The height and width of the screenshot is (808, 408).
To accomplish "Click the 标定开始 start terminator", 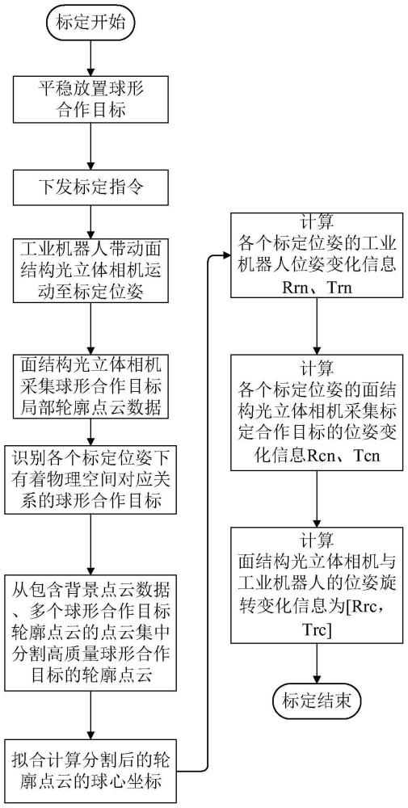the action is (91, 22).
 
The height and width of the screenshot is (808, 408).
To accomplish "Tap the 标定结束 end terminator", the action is (317, 701).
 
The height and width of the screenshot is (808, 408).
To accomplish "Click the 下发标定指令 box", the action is (91, 186).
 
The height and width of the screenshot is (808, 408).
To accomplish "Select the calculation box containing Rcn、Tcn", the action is (317, 411).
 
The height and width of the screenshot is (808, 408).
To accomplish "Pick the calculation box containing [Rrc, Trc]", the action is (317, 584).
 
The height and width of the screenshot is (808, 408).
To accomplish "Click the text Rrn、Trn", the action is (317, 287).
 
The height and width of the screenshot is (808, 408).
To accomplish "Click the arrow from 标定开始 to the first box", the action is (91, 57).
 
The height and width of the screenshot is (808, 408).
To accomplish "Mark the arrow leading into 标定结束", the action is (317, 664).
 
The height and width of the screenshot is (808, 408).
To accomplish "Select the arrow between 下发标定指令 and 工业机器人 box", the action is (91, 221).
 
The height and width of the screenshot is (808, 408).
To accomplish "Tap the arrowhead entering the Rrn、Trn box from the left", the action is (226, 255).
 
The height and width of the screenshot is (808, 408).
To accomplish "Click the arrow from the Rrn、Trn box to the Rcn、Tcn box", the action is (317, 325).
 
